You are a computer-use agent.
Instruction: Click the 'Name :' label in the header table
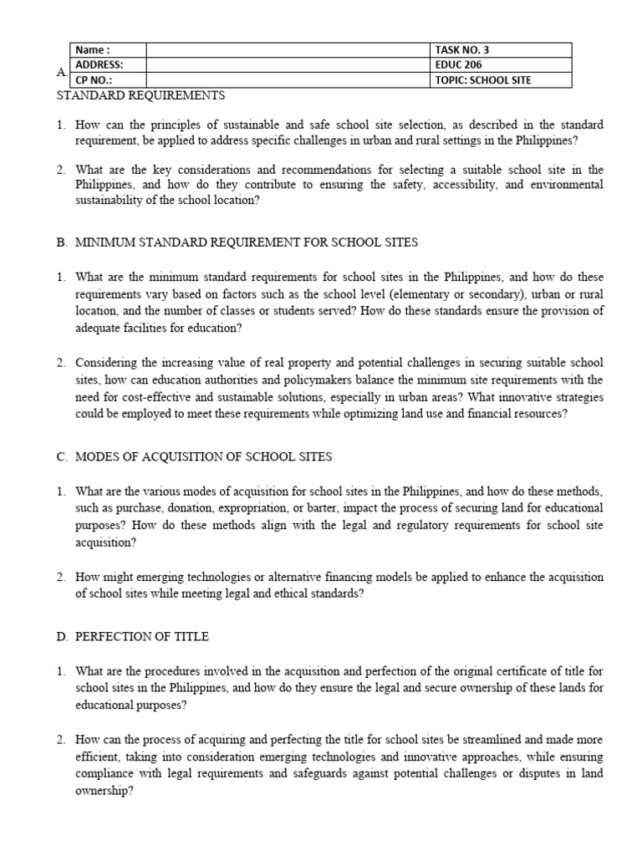pyautogui.click(x=92, y=50)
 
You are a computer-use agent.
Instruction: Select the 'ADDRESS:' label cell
pyautogui.click(x=99, y=64)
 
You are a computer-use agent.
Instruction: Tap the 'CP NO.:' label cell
pyautogui.click(x=94, y=80)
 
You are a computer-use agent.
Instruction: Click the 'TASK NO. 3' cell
pyautogui.click(x=462, y=50)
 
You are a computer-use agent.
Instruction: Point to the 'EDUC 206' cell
pyautogui.click(x=457, y=64)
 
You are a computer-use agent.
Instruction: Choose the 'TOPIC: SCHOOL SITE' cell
pyautogui.click(x=482, y=80)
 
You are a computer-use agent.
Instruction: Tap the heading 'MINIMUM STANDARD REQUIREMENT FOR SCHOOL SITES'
pyautogui.click(x=247, y=242)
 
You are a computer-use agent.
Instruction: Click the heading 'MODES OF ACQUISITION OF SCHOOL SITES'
pyautogui.click(x=203, y=456)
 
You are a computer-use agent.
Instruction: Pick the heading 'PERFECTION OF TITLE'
pyautogui.click(x=142, y=637)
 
